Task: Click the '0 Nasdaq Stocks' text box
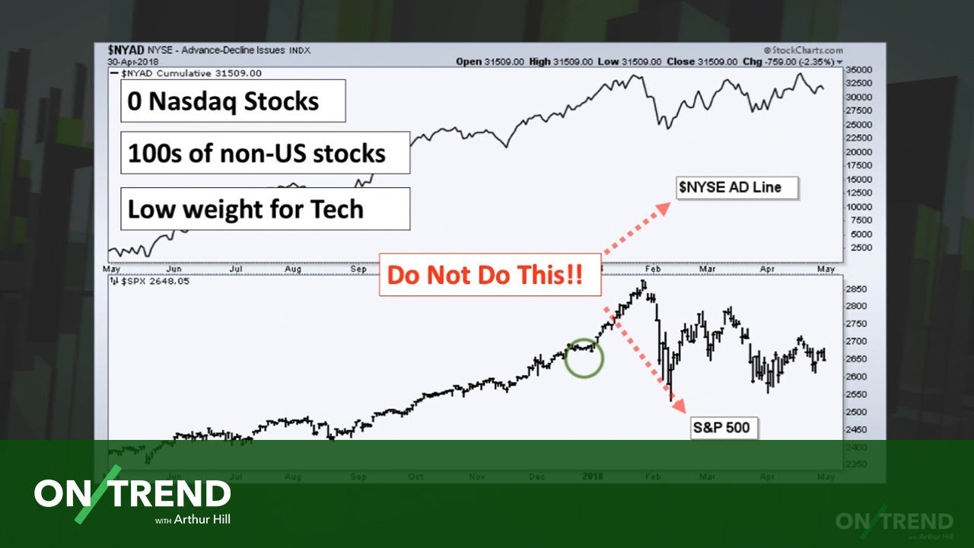233,101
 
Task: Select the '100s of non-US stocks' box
265,153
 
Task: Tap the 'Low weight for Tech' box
265,209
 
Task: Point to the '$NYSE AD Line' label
737,187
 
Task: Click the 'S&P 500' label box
721,428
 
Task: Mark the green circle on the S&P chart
584,358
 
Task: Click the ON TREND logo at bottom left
132,494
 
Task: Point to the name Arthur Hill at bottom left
203,521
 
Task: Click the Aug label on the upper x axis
292,269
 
